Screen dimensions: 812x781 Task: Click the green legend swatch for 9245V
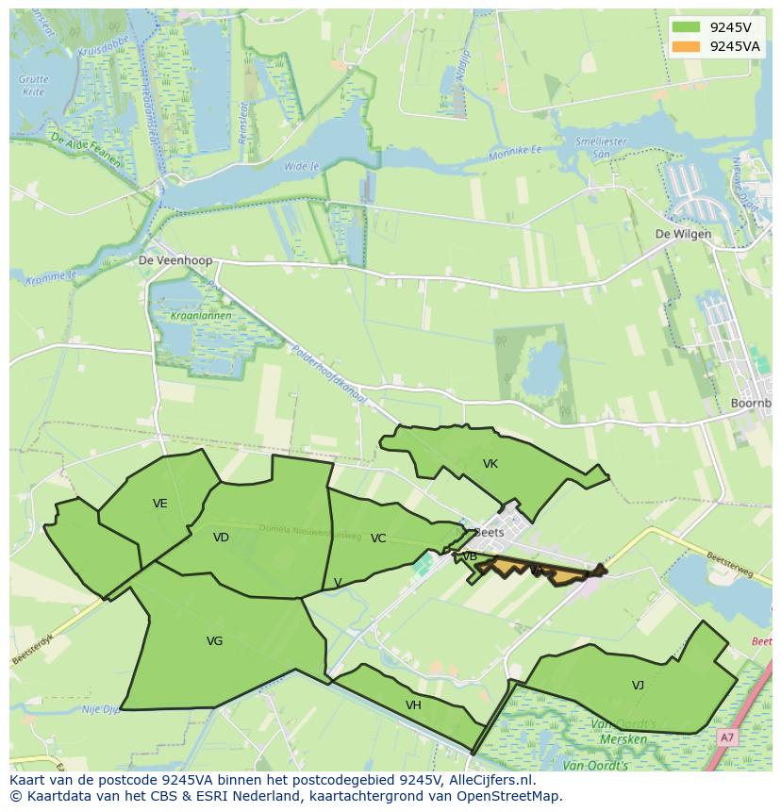pos(687,27)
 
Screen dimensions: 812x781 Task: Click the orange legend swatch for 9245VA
pos(687,46)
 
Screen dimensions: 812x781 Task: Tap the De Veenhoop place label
pos(175,260)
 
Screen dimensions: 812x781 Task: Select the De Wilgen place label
pos(684,234)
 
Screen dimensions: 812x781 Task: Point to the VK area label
pos(490,464)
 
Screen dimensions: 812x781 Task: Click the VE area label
pos(160,504)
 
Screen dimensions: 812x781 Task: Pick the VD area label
pos(222,538)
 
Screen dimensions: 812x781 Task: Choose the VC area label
pos(378,539)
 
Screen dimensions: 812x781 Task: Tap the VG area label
pos(215,641)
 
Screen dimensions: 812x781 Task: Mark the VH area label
pos(413,705)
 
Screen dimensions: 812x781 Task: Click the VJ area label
pos(639,686)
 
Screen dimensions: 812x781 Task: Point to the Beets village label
pos(490,532)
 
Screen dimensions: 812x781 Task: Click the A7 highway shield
pos(726,737)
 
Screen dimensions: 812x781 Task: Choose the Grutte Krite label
pos(34,86)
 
